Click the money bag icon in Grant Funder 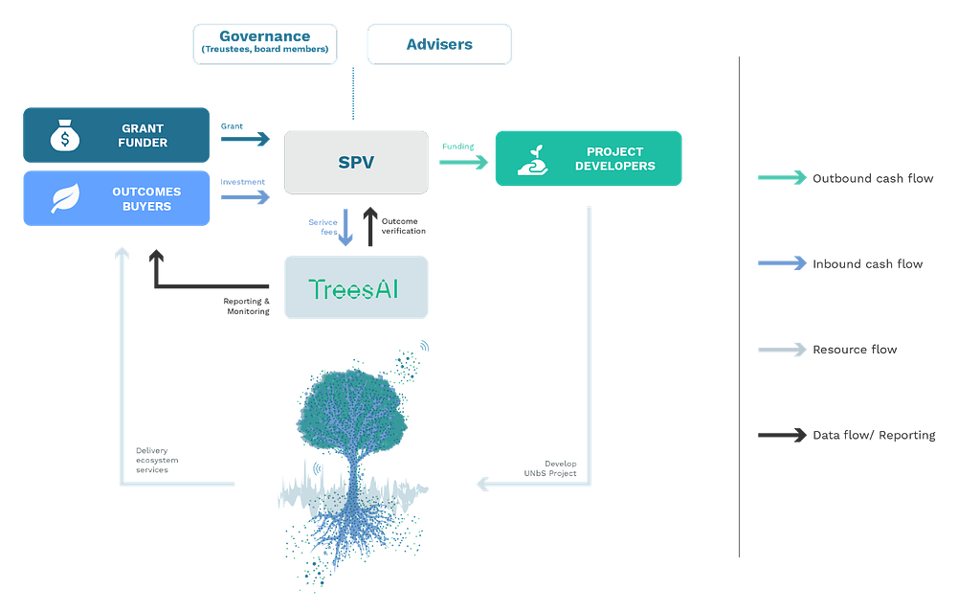pos(65,136)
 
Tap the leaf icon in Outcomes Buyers pos(65,198)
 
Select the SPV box pos(356,162)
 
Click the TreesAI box pos(356,288)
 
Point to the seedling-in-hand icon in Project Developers pos(533,159)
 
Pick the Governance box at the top pos(266,44)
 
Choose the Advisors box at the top pos(439,44)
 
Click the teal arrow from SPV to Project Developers pos(463,162)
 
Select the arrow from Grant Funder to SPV pos(246,140)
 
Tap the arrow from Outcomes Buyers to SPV pos(246,197)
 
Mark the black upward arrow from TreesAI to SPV pos(369,226)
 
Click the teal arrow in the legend pos(782,177)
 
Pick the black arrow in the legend pos(782,436)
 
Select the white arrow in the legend pos(782,350)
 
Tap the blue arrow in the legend pos(782,263)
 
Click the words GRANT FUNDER pos(144,136)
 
